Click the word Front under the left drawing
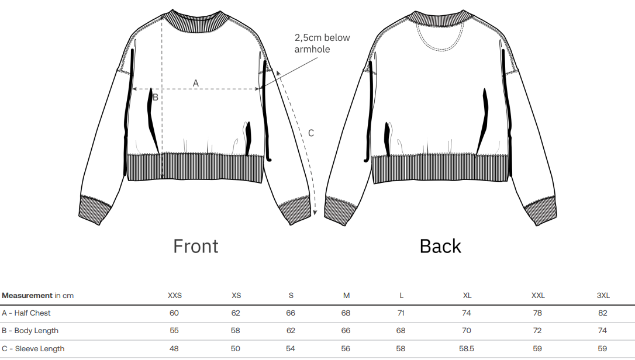(x=195, y=246)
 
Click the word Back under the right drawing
(x=440, y=246)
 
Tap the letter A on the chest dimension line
(x=196, y=84)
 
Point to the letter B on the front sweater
(x=156, y=98)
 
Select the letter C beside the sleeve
(x=311, y=133)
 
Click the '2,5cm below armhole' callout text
(x=322, y=43)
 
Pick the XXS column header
(x=174, y=295)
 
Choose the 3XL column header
(x=603, y=295)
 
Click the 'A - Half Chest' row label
(x=26, y=313)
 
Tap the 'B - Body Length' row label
(x=30, y=330)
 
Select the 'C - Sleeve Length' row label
(x=33, y=348)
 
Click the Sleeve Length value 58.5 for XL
(x=466, y=348)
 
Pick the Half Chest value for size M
(x=346, y=313)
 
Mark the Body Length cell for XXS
(x=174, y=330)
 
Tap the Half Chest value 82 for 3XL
(x=603, y=313)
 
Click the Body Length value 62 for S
(x=291, y=330)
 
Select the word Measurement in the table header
(x=27, y=295)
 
